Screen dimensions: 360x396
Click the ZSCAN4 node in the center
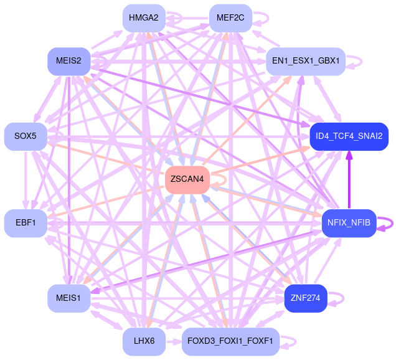[187, 179]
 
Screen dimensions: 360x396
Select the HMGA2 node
[144, 17]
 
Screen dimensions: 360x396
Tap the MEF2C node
[230, 17]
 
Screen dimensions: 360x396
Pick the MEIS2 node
[68, 61]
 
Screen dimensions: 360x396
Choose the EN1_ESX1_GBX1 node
[306, 61]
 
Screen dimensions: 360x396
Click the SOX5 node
[26, 136]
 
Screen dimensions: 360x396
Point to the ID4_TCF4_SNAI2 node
[349, 136]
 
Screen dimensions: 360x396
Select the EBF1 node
[26, 223]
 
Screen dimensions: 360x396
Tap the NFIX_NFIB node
[349, 223]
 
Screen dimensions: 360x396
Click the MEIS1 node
[68, 298]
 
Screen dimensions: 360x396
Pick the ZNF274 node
[306, 298]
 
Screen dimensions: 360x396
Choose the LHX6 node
[144, 341]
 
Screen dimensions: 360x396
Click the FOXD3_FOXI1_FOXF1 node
[230, 341]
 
